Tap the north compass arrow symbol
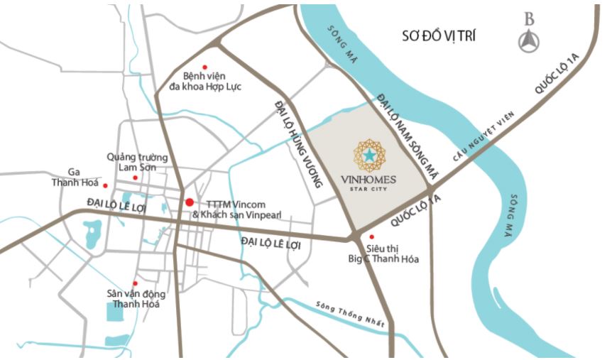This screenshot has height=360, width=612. click(529, 42)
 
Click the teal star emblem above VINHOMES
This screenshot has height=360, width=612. click(369, 154)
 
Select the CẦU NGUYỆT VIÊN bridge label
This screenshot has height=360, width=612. click(477, 143)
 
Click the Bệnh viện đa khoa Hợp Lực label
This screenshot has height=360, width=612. click(211, 80)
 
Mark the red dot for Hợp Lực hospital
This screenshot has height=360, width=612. click(205, 67)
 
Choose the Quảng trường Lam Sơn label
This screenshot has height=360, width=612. click(137, 161)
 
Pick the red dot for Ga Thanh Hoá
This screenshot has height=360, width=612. click(105, 186)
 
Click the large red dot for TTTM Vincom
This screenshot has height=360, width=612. click(189, 202)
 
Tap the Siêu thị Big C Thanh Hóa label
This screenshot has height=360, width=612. click(392, 253)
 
